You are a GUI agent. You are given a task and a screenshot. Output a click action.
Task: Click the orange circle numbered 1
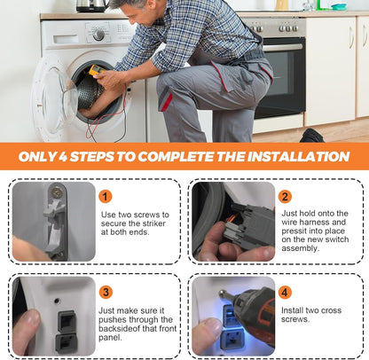point(106,197)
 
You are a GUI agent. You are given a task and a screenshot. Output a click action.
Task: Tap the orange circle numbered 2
point(285,197)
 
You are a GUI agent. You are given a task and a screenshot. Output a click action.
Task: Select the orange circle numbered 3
point(106,293)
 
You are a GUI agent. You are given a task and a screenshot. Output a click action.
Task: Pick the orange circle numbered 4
point(285,293)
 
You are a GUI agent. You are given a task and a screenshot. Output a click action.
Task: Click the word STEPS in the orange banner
point(91,156)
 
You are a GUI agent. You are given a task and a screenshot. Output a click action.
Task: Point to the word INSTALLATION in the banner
point(298,156)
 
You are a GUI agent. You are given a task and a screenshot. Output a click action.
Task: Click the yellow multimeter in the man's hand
point(96,71)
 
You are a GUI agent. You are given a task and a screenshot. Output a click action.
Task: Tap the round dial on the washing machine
point(98,35)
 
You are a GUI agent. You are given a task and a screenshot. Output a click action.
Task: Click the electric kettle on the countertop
point(91,6)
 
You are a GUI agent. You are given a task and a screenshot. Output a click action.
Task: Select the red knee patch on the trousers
point(167,102)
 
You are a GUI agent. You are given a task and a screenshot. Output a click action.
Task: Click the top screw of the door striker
point(57,192)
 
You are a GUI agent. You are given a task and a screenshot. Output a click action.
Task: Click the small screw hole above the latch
point(57,301)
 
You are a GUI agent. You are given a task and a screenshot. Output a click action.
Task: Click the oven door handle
point(282,47)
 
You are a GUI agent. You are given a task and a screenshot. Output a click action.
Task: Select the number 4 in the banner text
point(63,156)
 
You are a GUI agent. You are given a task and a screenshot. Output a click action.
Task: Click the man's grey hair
point(130,4)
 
